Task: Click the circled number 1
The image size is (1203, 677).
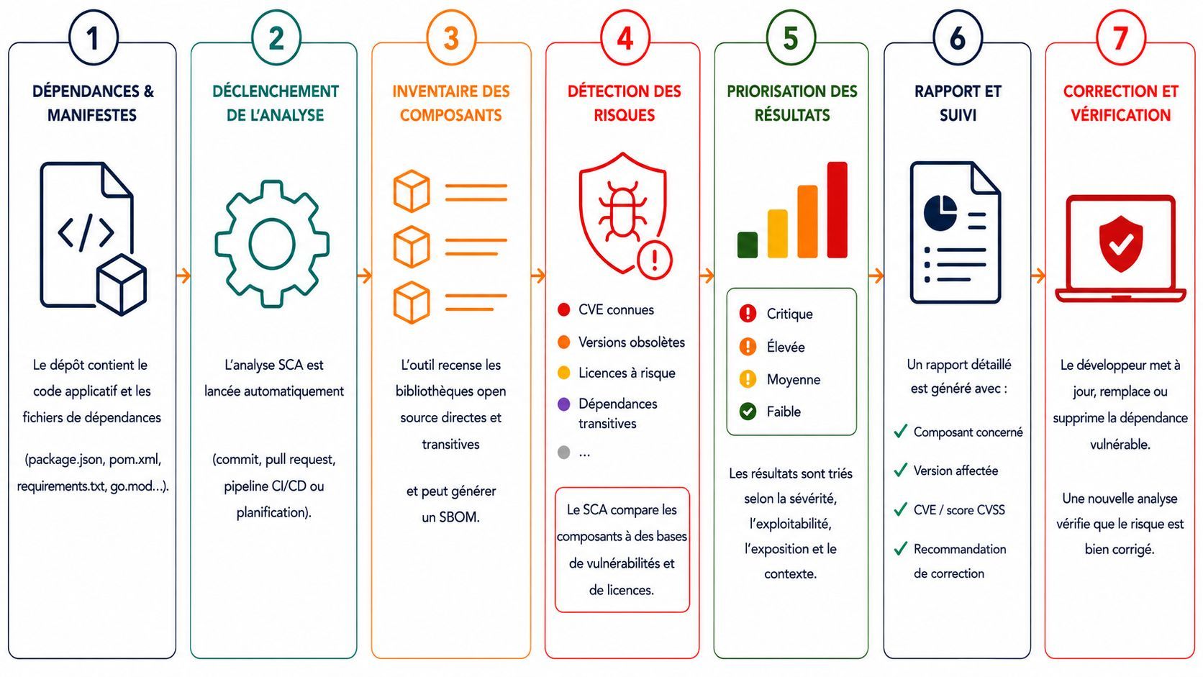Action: click(x=93, y=38)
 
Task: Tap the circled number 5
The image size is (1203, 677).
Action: click(x=791, y=38)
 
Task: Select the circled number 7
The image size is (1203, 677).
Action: click(x=1120, y=38)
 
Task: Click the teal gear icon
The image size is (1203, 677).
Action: click(x=272, y=245)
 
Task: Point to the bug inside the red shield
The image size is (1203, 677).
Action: click(x=622, y=210)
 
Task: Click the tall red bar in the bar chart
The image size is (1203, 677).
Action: click(x=837, y=210)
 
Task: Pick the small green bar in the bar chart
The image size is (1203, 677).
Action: click(x=748, y=245)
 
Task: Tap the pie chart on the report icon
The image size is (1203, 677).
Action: click(x=940, y=213)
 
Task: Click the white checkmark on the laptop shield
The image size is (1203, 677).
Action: click(x=1122, y=245)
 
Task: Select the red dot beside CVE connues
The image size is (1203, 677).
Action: click(x=564, y=310)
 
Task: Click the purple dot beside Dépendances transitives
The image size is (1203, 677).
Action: click(x=564, y=404)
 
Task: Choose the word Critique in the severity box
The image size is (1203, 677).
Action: click(x=789, y=314)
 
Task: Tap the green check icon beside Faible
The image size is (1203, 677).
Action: click(x=748, y=412)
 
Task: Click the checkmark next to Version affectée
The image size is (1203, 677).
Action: click(x=901, y=471)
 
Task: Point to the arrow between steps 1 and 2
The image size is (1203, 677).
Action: click(x=183, y=276)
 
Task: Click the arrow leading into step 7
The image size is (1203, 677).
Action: click(x=1038, y=276)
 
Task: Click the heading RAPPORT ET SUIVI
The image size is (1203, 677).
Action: click(x=958, y=103)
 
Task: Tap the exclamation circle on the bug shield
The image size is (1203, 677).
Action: click(x=655, y=260)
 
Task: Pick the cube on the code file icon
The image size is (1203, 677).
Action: click(x=122, y=285)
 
